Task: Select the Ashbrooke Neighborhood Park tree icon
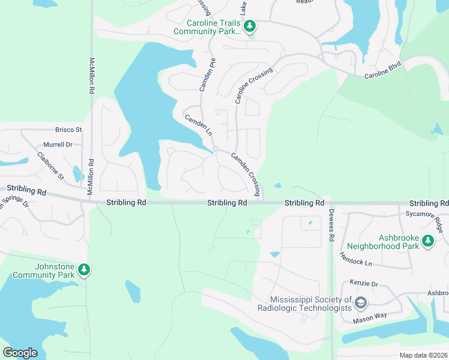427,241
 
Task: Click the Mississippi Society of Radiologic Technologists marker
360,302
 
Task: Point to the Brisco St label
68,130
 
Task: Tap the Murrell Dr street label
58,145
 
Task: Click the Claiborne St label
50,165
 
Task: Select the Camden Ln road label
198,125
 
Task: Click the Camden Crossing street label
246,174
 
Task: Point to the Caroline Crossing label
254,85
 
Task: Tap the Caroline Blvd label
382,76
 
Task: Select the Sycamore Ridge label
423,221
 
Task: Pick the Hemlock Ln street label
355,259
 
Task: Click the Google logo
20,353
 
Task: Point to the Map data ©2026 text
423,355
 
